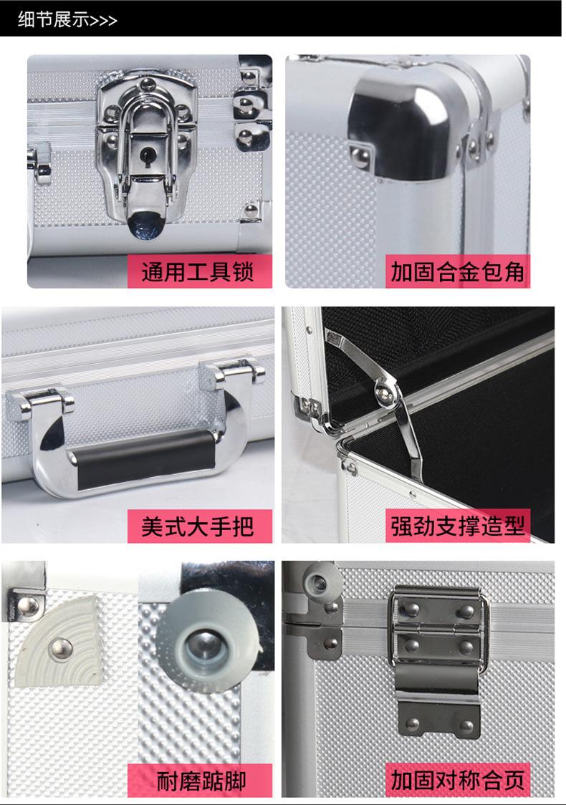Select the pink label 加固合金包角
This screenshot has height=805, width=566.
(457, 271)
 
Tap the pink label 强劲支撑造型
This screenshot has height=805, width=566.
(457, 526)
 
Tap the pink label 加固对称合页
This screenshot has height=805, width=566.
(457, 780)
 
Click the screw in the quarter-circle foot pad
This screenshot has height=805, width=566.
(61, 650)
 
